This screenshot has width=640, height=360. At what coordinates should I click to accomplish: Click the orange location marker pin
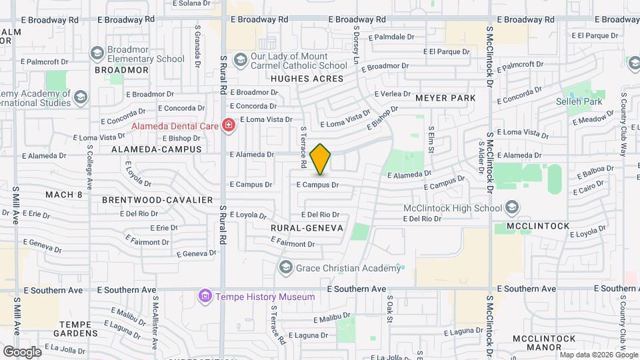click(x=321, y=159)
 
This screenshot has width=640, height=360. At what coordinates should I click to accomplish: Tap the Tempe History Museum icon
click(x=205, y=296)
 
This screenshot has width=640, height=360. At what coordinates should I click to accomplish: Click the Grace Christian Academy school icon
click(x=286, y=268)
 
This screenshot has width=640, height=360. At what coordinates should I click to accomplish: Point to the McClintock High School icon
click(x=511, y=208)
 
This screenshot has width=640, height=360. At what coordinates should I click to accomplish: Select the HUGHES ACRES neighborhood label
click(x=307, y=79)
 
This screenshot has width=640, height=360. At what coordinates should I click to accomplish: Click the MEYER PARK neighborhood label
click(x=445, y=98)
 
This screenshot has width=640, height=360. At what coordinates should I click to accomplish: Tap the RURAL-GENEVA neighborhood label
click(x=307, y=228)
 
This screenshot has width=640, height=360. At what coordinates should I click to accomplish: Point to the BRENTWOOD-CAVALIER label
click(x=157, y=200)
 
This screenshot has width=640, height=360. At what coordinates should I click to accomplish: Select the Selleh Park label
click(x=579, y=102)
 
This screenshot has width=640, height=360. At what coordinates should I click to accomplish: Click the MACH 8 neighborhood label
click(x=63, y=195)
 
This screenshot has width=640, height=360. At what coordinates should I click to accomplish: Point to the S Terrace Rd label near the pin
click(x=303, y=147)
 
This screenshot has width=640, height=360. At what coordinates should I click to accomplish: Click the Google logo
click(x=22, y=351)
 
